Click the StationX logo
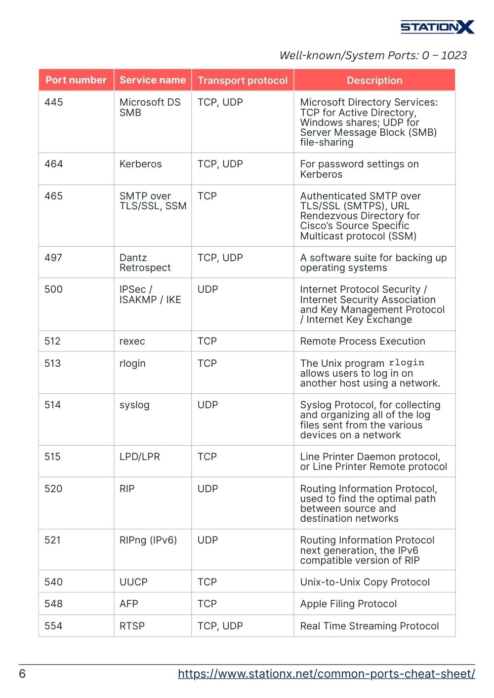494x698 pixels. (437, 27)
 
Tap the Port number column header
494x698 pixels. (76, 80)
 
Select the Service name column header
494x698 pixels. (153, 80)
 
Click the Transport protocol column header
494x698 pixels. (243, 80)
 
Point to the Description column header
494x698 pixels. (374, 80)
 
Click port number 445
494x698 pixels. (54, 102)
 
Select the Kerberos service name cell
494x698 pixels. (140, 164)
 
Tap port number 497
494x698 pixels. (54, 258)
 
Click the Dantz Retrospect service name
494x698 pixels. (145, 263)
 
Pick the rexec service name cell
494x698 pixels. (132, 341)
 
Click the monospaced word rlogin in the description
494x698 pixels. (406, 363)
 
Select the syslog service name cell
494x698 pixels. (134, 405)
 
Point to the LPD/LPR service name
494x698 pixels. (140, 457)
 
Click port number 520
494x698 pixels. (53, 489)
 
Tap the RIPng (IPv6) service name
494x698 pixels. (148, 540)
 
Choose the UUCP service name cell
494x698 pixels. (133, 582)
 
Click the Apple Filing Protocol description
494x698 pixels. (348, 604)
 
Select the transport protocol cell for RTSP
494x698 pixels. (220, 626)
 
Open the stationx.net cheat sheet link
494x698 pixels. (327, 674)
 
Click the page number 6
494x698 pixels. (22, 674)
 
